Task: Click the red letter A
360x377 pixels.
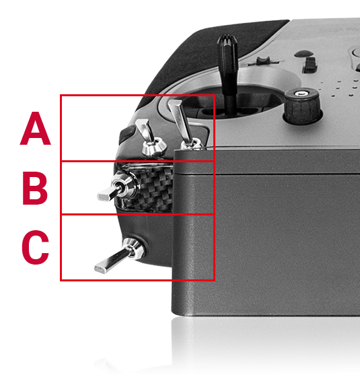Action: tap(35, 129)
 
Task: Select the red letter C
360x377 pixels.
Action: tap(35, 247)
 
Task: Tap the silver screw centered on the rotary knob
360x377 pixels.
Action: tap(302, 93)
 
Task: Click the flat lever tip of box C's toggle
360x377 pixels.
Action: tap(102, 266)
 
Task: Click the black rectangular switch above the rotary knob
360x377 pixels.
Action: tap(310, 65)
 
